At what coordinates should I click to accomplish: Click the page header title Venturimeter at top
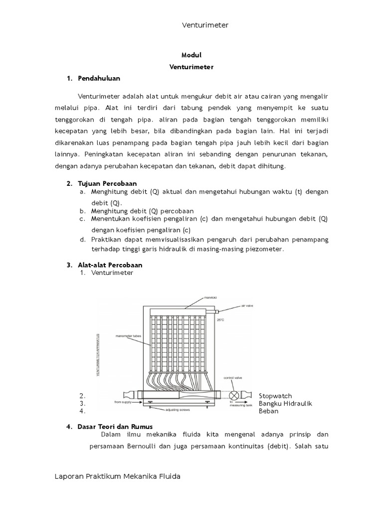pos(204,25)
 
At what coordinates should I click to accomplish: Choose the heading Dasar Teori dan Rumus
pos(115,427)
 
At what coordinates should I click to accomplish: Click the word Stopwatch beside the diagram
pos(275,396)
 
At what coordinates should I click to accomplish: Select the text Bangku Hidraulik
pos(285,403)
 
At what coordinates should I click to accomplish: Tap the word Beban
pos(268,411)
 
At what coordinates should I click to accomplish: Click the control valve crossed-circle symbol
pos(234,395)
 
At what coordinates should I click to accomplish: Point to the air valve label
pos(248,307)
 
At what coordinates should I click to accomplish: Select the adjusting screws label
pos(178,410)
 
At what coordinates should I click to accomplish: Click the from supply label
pos(123,401)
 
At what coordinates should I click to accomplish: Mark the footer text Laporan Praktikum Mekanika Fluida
pos(117,477)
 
